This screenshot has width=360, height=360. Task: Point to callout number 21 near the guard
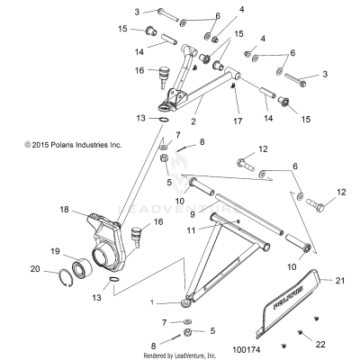339,282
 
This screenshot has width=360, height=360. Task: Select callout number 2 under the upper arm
193,119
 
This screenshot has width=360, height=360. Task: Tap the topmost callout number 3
137,11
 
